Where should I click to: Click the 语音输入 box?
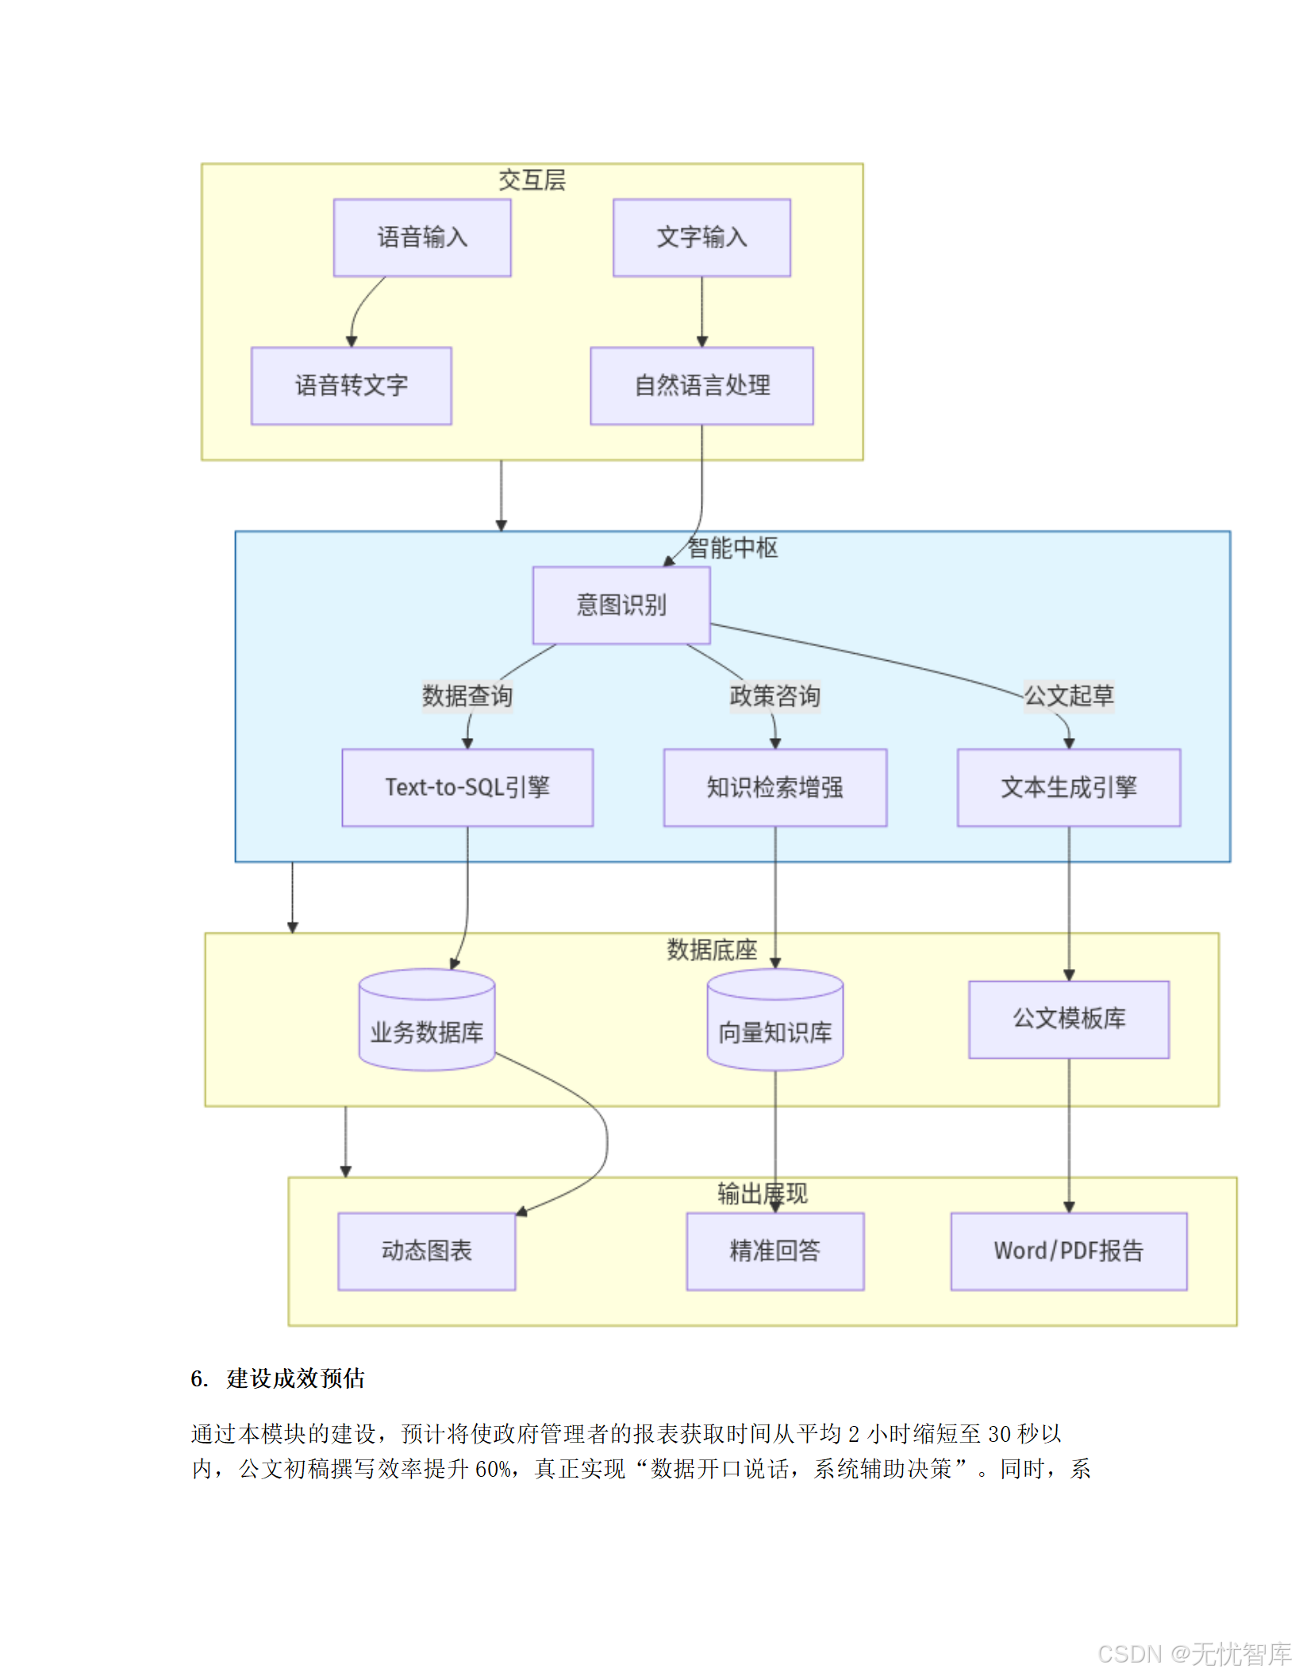pos(422,237)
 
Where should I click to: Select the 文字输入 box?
pos(701,237)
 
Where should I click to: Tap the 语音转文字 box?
pos(352,386)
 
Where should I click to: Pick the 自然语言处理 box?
pos(701,386)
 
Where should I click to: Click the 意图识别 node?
pos(621,605)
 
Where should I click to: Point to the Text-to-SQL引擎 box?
pos(467,787)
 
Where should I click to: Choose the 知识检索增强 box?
pos(775,787)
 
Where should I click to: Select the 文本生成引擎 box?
pos(1069,787)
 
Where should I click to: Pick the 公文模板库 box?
pos(1069,1019)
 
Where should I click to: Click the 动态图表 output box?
pos(427,1251)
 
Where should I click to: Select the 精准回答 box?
pos(775,1251)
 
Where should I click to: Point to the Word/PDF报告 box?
pos(1069,1251)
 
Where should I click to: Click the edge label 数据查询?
pos(467,696)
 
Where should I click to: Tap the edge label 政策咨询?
pos(775,696)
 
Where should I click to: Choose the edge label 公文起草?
pos(1069,696)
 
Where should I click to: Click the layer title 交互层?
pos(532,180)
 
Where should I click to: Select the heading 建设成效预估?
pos(295,1378)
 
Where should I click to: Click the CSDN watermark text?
pos(1194,1654)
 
